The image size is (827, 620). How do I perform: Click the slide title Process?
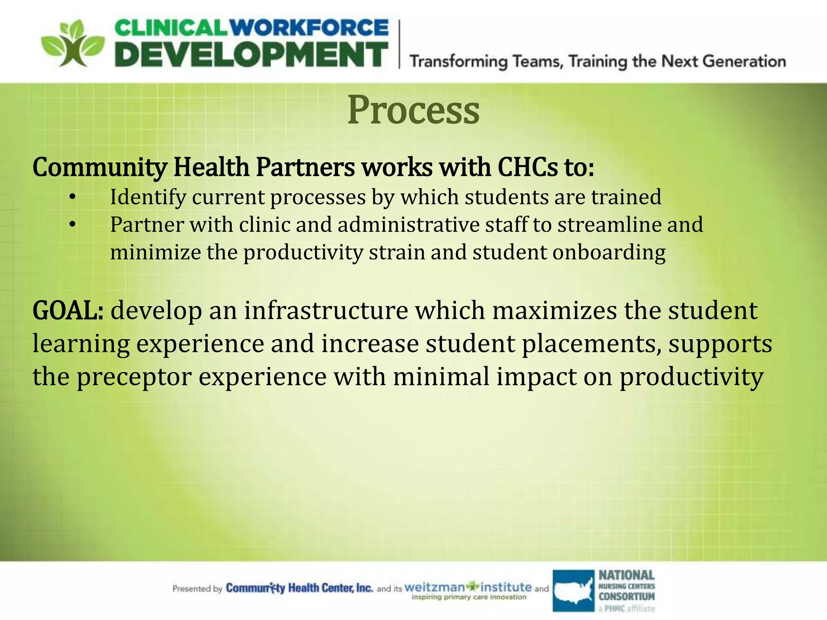[x=413, y=110]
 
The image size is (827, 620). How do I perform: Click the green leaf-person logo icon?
[x=73, y=44]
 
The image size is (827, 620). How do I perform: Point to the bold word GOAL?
[x=68, y=311]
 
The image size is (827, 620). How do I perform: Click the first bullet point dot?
[x=72, y=197]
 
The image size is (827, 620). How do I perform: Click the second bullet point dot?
[x=72, y=224]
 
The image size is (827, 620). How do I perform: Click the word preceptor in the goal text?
[x=134, y=377]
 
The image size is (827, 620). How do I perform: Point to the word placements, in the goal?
[x=592, y=344]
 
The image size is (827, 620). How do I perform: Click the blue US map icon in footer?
[x=573, y=590]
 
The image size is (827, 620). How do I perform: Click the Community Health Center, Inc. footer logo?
[x=299, y=588]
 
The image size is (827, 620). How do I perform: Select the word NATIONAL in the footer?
[x=626, y=575]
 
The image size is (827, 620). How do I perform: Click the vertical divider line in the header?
[x=399, y=44]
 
